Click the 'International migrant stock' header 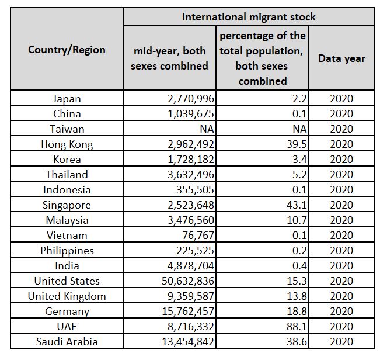[248, 16]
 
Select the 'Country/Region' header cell [67, 50]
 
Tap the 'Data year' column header [341, 58]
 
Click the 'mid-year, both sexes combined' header [169, 58]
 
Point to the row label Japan [67, 99]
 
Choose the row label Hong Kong [67, 144]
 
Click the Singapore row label [67, 205]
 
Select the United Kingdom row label [67, 296]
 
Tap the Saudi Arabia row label [67, 342]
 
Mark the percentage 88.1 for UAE [298, 327]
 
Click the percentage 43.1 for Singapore [298, 205]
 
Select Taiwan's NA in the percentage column [300, 129]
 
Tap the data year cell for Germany [341, 311]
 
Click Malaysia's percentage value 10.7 [298, 220]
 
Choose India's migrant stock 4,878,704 [188, 266]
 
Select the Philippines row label [67, 251]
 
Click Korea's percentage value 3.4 [300, 160]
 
